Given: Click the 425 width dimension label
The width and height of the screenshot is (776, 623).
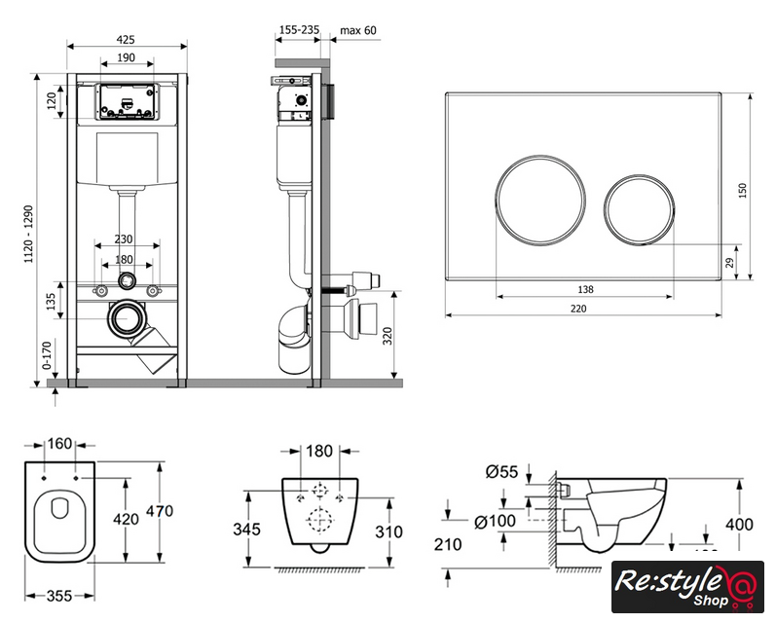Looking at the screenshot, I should click(125, 40).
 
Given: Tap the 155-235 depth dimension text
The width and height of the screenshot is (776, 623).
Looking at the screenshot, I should click(299, 30).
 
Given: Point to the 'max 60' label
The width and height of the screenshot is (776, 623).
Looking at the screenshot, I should click(357, 30).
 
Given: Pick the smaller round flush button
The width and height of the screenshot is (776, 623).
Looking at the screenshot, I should click(639, 207).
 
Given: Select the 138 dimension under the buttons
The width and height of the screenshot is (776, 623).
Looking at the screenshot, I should click(586, 288).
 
